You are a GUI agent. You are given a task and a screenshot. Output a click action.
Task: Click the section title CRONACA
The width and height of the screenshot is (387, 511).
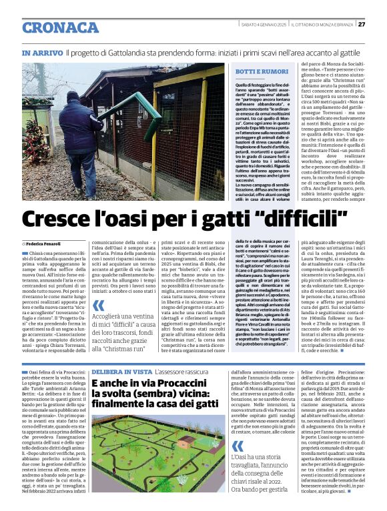[61, 27]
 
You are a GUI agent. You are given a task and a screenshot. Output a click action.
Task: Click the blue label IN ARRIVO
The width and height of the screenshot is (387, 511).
[42, 53]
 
